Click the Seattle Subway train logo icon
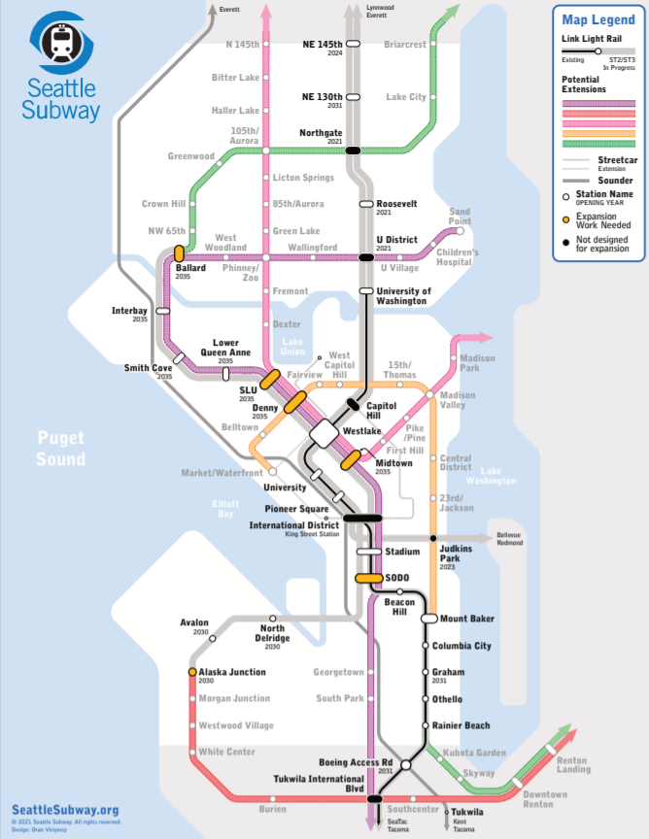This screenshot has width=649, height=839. pos(63,43)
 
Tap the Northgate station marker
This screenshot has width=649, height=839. pos(353,150)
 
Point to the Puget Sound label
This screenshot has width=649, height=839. pos(62,449)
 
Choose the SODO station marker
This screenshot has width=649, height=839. pos(368,578)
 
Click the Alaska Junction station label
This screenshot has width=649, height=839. pos(232,672)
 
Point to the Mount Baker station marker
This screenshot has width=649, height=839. pos(429,619)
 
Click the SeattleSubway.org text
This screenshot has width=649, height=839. pos(65,809)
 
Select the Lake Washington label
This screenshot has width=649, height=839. pos(492,475)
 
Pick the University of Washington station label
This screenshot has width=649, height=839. pos(403,295)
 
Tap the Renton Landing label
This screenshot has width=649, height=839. pos(573,764)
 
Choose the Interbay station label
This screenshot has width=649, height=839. pos(130,311)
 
